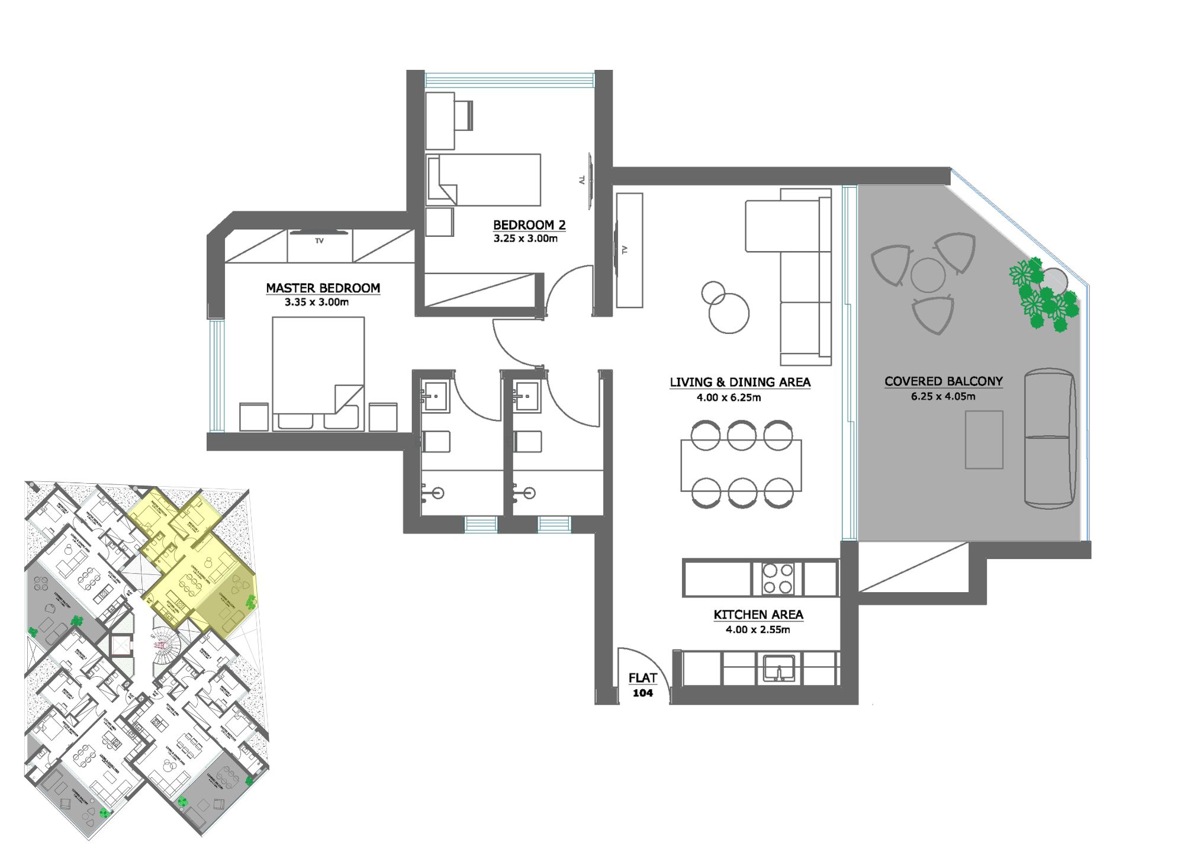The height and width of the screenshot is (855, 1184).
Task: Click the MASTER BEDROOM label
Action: (x=323, y=288)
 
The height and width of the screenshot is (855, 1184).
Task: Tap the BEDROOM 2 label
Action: (x=529, y=225)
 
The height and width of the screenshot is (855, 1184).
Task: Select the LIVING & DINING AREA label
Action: (x=739, y=382)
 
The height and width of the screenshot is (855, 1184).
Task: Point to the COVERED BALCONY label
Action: (x=943, y=381)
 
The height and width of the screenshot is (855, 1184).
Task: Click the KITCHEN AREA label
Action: (x=758, y=615)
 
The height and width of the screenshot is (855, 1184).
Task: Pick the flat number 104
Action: (x=642, y=693)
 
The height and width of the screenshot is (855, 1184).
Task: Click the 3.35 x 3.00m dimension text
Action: (x=317, y=302)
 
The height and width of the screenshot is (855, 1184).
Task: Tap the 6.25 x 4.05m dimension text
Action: (x=942, y=397)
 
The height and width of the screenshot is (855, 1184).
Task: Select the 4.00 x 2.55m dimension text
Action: (x=758, y=629)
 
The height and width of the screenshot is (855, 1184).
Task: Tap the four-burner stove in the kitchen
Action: (x=777, y=578)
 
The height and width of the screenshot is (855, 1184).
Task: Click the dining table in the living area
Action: (x=741, y=465)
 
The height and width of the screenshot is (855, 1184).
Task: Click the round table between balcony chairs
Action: (x=927, y=275)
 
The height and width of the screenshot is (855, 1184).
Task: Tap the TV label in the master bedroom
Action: (x=319, y=241)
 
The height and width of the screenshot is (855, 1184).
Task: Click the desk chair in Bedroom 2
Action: (x=464, y=115)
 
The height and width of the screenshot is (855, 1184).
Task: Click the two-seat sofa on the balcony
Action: (x=1049, y=438)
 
